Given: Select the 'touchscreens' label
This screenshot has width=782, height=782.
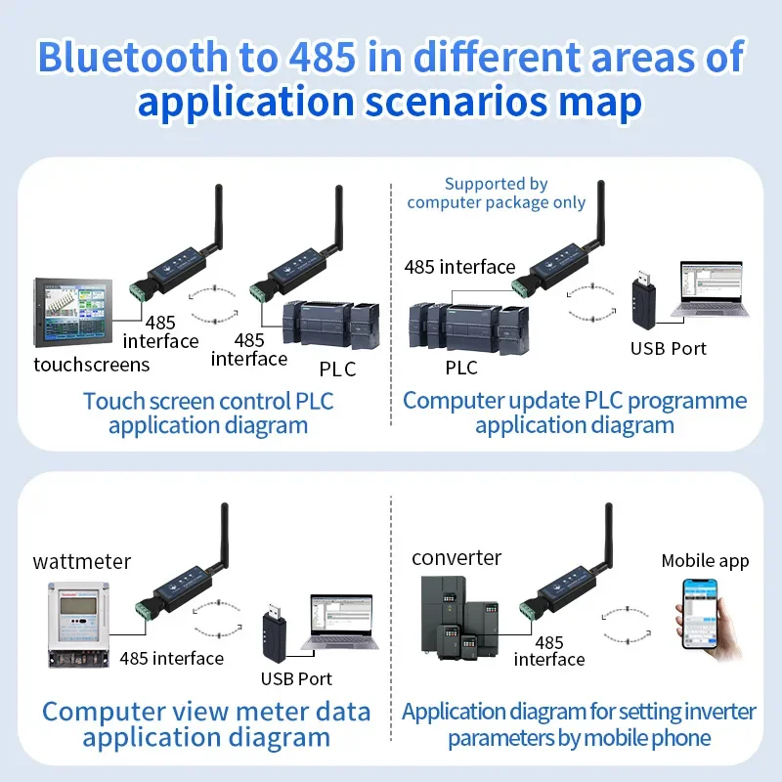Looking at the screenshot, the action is click(92, 365).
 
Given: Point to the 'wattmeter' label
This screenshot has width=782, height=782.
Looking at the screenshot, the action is click(82, 561).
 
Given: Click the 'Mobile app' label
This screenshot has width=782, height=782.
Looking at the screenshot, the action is click(705, 561).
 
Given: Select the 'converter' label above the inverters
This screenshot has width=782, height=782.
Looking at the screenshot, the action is click(456, 558).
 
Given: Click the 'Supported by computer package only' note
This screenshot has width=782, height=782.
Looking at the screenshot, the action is click(497, 194).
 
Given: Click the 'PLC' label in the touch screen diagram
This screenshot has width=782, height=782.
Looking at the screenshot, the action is click(337, 369).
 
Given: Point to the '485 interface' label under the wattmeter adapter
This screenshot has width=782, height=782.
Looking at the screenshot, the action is click(171, 658).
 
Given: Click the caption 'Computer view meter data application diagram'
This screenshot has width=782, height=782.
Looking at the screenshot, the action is click(206, 724).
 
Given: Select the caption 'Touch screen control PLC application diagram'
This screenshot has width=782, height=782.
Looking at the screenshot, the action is click(208, 413).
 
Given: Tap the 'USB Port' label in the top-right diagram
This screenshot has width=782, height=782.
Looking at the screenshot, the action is click(668, 348).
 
